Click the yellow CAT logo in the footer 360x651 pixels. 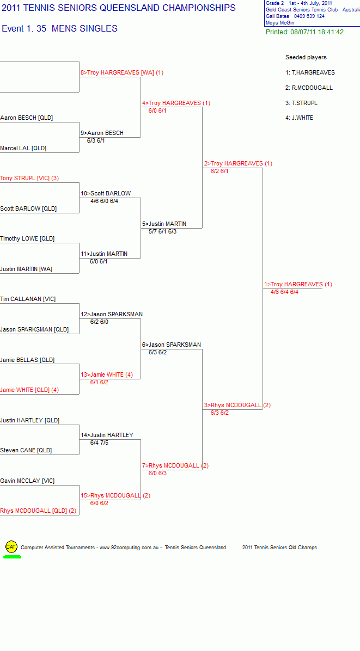click(x=11, y=547)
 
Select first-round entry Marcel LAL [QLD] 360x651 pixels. click(x=23, y=148)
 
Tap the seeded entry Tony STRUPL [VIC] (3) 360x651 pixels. click(x=29, y=179)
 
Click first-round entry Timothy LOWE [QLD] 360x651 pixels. click(x=27, y=239)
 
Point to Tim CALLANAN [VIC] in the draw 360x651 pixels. click(x=28, y=299)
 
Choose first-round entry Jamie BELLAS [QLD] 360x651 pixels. click(x=27, y=360)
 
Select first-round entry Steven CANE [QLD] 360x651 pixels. click(x=26, y=450)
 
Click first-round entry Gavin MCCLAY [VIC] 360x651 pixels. click(x=27, y=481)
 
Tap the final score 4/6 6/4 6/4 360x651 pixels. click(x=284, y=292)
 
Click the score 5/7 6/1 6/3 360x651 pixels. click(x=162, y=231)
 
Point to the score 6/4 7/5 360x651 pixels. click(x=99, y=443)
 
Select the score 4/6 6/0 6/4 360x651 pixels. click(x=104, y=201)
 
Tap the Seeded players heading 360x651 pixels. click(x=306, y=57)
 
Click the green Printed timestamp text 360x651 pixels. click(x=305, y=32)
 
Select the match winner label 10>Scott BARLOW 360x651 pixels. click(x=106, y=193)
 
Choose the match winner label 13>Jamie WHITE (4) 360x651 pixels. click(x=107, y=375)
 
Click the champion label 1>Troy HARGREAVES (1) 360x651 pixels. click(x=298, y=284)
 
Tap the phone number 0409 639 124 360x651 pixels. click(x=309, y=16)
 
